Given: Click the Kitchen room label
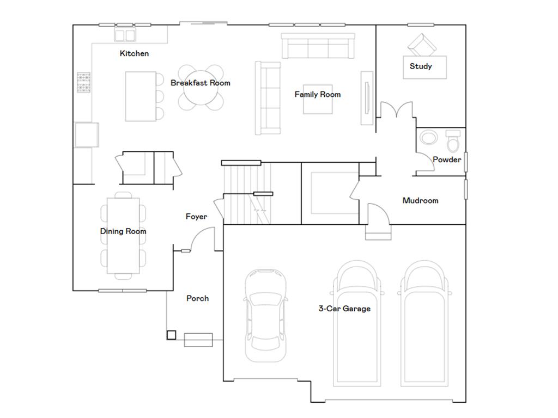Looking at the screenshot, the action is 134,53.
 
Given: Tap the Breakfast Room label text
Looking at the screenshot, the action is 201,83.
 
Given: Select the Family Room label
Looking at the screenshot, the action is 318,95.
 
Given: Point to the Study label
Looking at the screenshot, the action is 421,66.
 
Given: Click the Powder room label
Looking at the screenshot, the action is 447,159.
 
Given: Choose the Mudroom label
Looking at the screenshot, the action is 420,200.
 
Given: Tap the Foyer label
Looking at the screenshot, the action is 196,217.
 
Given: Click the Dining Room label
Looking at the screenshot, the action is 123,231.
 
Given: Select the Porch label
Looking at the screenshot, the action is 197,298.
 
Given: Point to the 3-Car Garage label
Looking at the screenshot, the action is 344,309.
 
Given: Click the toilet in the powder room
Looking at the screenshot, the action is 453,141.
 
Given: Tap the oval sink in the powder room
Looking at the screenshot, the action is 429,137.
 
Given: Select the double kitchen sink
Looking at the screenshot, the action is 125,35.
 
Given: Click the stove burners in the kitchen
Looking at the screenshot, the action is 83,83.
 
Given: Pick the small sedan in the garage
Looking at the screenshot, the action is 265,316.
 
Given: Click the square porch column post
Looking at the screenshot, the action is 172,335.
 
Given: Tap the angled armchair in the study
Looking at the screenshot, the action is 422,45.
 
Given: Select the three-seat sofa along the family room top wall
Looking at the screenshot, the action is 318,46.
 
